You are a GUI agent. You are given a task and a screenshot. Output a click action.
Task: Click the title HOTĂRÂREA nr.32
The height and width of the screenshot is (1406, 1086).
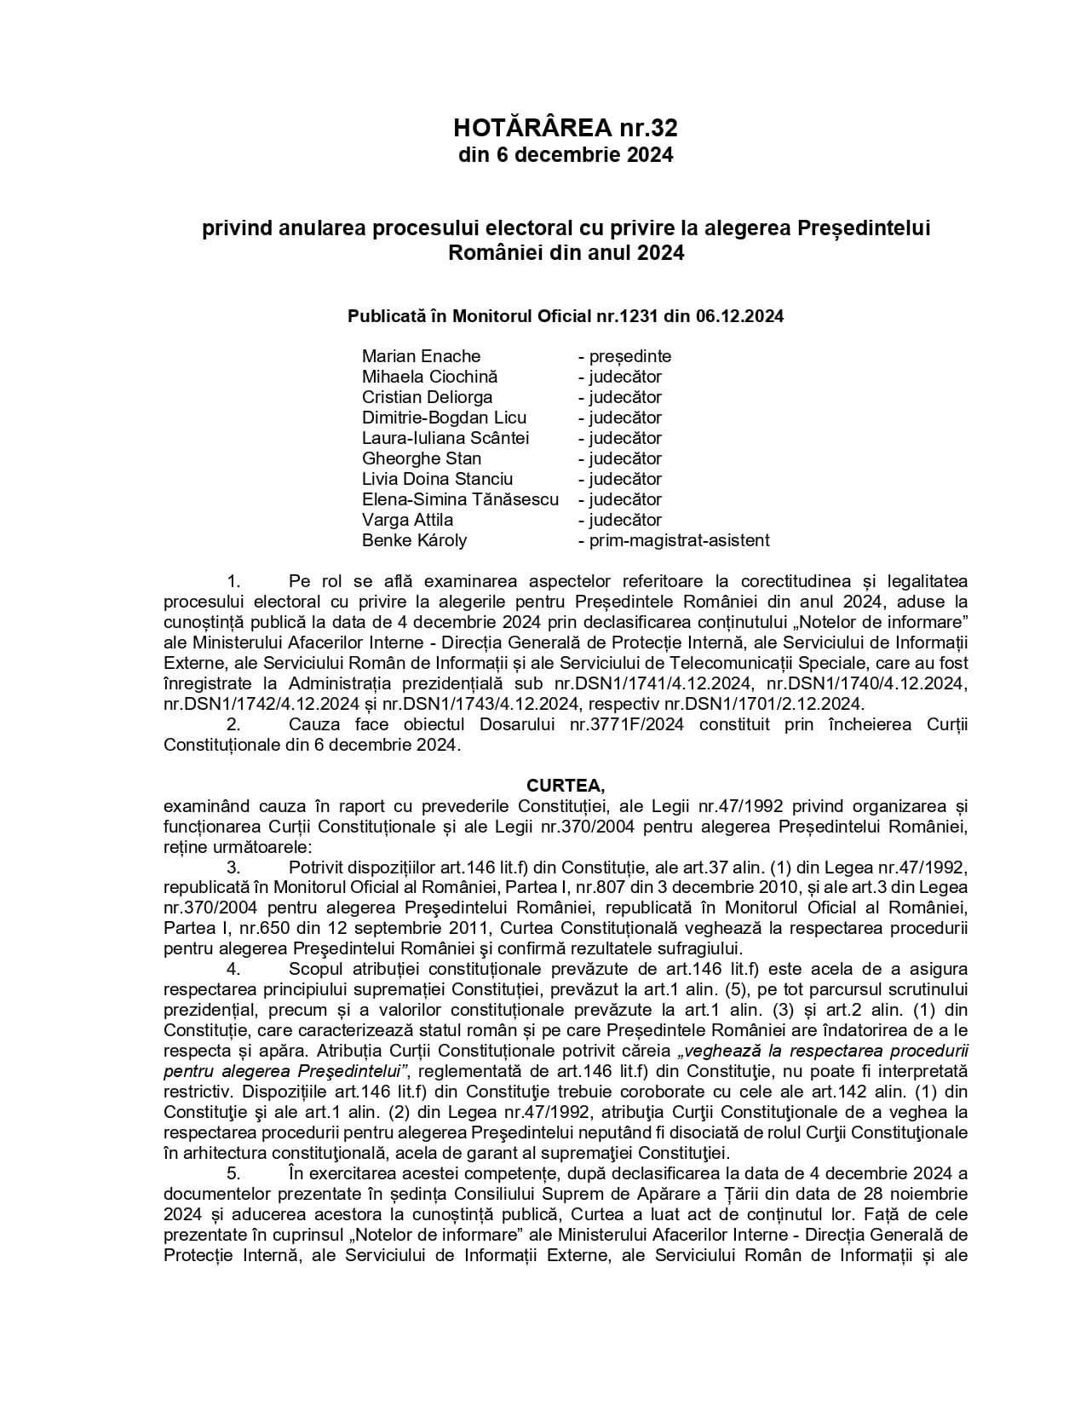click(x=566, y=128)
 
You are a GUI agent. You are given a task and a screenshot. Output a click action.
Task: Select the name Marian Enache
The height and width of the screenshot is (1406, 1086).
click(x=421, y=356)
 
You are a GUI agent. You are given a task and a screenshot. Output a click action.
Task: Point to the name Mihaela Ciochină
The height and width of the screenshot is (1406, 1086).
click(x=429, y=377)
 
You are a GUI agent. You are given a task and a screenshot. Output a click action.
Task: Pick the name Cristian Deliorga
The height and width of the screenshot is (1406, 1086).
click(x=427, y=397)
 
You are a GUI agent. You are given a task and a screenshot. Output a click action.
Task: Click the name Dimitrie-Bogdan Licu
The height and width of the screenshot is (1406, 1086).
click(x=444, y=418)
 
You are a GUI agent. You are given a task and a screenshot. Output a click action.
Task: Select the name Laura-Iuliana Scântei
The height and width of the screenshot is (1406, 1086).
click(x=445, y=438)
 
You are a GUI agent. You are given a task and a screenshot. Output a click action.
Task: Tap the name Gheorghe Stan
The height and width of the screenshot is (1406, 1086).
click(x=422, y=458)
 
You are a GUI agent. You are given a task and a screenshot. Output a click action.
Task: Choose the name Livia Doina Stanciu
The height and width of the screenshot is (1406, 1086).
click(x=437, y=479)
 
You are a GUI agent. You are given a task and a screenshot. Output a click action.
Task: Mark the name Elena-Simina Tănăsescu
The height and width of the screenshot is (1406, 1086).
click(x=460, y=499)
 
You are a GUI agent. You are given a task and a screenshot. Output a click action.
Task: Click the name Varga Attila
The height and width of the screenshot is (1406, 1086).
click(x=407, y=520)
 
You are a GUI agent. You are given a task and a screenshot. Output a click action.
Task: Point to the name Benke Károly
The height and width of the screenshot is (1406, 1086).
click(x=414, y=540)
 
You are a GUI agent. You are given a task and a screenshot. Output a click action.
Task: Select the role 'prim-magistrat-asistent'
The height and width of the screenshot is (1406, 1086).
click(x=674, y=540)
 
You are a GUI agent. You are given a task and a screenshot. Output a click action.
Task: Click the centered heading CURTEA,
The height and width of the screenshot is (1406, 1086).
click(x=566, y=786)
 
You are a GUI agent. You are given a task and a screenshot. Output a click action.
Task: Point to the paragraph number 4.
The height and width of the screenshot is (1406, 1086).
click(x=233, y=969)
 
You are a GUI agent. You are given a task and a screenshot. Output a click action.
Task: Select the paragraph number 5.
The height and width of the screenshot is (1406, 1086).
click(x=233, y=1173)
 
